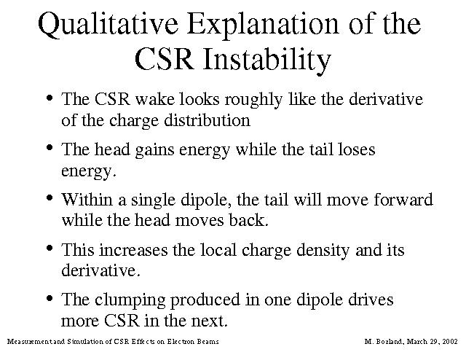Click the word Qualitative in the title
click(108, 25)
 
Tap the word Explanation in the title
click(263, 25)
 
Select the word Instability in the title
click(267, 60)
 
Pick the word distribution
click(207, 120)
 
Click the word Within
click(87, 200)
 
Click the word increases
click(133, 250)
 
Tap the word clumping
click(130, 301)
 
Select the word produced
click(205, 301)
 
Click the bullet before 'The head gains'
click(50, 147)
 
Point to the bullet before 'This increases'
click(50, 248)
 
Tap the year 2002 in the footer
click(450, 342)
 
